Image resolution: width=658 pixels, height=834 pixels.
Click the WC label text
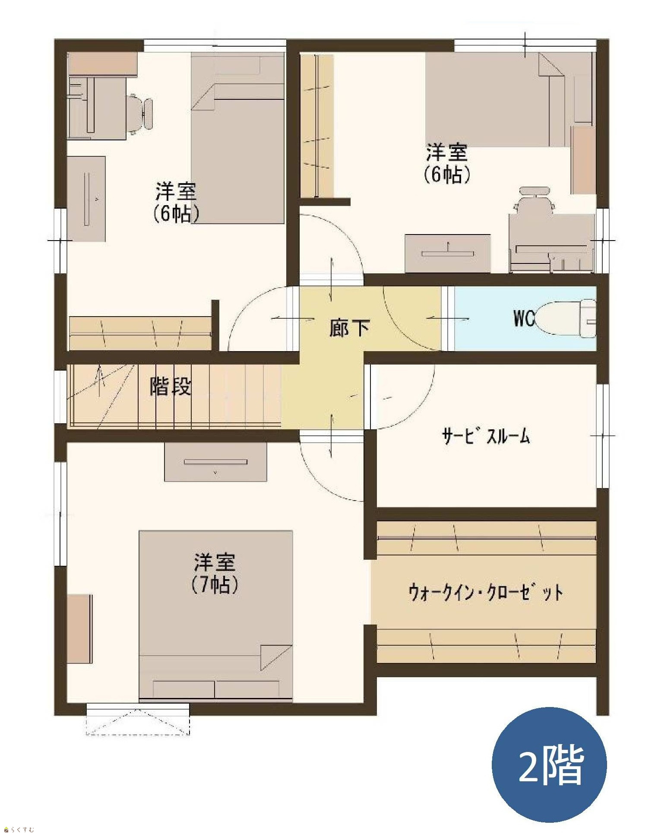(524, 318)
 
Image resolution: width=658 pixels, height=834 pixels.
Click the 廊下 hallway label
(349, 328)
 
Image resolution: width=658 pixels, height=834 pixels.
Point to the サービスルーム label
(486, 436)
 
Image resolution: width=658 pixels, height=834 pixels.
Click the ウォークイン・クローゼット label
(486, 592)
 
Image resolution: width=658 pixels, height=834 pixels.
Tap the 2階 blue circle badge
(549, 765)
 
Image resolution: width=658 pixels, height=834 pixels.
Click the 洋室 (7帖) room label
(214, 573)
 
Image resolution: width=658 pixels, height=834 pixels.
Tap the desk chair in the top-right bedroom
(535, 200)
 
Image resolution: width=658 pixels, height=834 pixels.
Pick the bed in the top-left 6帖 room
(237, 139)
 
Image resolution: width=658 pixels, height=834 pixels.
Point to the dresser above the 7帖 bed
(215, 462)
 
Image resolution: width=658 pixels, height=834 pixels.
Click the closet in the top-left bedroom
(140, 334)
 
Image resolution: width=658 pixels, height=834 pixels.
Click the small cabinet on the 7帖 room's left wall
(79, 629)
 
